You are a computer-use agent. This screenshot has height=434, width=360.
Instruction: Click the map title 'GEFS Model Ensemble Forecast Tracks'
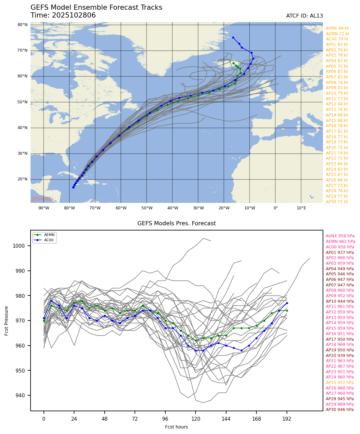96,7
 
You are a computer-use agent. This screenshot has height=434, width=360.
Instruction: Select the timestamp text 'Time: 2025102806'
63,16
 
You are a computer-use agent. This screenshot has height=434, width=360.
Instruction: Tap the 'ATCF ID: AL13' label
304,16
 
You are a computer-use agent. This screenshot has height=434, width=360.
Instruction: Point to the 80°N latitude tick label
22,25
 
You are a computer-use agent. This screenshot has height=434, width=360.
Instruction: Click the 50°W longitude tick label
147,208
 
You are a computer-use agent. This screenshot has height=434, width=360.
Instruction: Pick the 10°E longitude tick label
301,208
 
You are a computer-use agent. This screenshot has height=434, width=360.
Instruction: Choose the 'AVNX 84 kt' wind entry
337,28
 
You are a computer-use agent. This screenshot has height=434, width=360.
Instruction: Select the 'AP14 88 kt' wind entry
337,115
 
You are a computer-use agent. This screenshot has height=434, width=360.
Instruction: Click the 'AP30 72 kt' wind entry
337,202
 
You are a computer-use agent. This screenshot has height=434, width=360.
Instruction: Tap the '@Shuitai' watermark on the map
42,199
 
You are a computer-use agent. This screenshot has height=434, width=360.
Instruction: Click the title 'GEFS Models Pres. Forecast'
176,223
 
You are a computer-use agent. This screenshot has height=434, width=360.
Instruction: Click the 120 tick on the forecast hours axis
196,419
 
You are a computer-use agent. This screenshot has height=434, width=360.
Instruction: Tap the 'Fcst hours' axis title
176,427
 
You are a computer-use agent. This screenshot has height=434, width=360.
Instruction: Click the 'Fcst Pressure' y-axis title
7,321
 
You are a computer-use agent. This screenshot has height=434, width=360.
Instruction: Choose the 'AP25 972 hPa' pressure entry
340,383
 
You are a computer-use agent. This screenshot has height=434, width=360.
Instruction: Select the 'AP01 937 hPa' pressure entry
340,253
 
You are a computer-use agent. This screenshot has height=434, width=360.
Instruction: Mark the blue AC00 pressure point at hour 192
287,303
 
